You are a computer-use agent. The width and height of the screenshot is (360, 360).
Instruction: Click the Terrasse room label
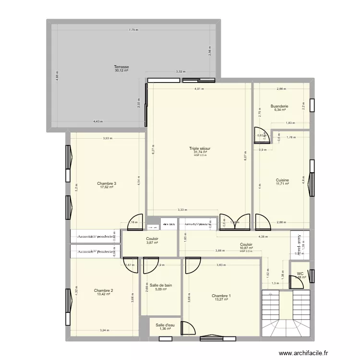121,67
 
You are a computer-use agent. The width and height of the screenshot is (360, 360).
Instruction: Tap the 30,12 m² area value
121,71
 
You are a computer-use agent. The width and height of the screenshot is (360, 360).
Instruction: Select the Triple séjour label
200,149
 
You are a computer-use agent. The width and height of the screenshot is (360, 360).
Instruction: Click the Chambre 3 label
107,183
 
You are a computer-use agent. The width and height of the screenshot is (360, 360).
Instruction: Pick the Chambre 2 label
103,290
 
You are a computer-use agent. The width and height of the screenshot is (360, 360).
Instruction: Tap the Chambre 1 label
221,296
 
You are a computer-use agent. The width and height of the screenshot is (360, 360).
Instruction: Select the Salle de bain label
161,285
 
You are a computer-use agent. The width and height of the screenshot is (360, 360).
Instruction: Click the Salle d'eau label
165,325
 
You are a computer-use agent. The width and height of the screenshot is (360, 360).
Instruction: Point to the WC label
300,274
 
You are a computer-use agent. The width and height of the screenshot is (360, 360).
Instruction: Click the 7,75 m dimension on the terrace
133,30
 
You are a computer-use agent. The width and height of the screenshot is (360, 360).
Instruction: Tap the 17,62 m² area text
107,187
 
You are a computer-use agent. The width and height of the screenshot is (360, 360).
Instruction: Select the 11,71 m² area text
282,183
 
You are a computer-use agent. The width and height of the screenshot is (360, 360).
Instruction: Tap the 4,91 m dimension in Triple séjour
199,89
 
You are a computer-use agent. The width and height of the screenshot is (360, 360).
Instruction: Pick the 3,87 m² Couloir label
152,243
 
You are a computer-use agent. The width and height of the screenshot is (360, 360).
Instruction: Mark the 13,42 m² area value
103,294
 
